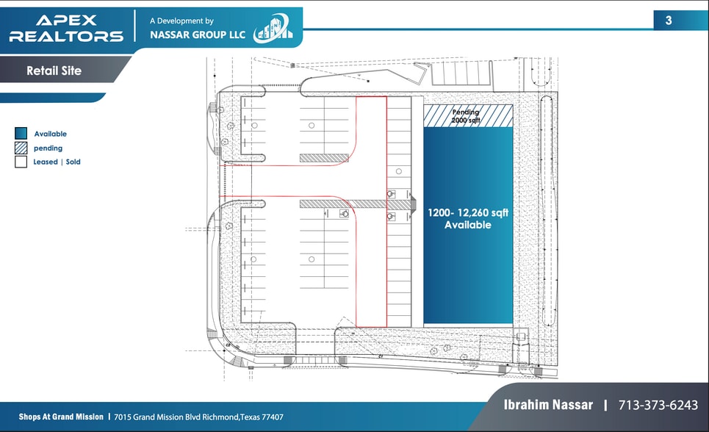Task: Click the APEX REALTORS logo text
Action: coord(66,28)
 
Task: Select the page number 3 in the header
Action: coord(668,21)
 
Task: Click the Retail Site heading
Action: coord(54,71)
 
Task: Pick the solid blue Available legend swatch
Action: coord(21,134)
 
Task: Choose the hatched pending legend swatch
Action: coord(21,148)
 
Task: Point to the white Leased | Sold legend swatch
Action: coord(21,162)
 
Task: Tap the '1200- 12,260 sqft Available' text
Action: coord(468,219)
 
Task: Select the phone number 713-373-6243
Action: coord(658,405)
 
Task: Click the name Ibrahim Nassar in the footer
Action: coord(547,405)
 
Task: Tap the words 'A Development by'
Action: coord(181,21)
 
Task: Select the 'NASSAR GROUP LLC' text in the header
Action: coord(197,35)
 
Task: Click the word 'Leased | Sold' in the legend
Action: coord(57,162)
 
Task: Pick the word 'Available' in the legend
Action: coord(50,134)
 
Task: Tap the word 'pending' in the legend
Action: coord(48,148)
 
